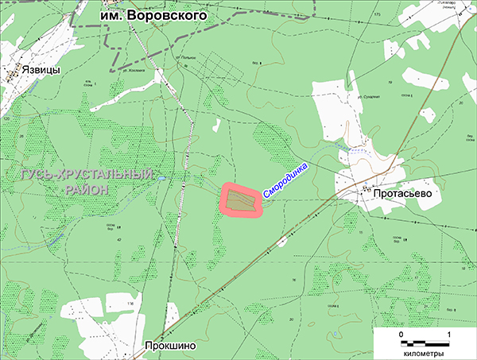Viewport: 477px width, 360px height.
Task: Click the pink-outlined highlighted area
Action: point(242,201)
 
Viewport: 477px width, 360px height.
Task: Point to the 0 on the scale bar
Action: point(401,334)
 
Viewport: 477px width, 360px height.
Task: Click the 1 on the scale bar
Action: point(450,334)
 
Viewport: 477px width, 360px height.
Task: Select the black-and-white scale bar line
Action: point(426,343)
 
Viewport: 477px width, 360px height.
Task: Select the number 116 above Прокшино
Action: point(132,305)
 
